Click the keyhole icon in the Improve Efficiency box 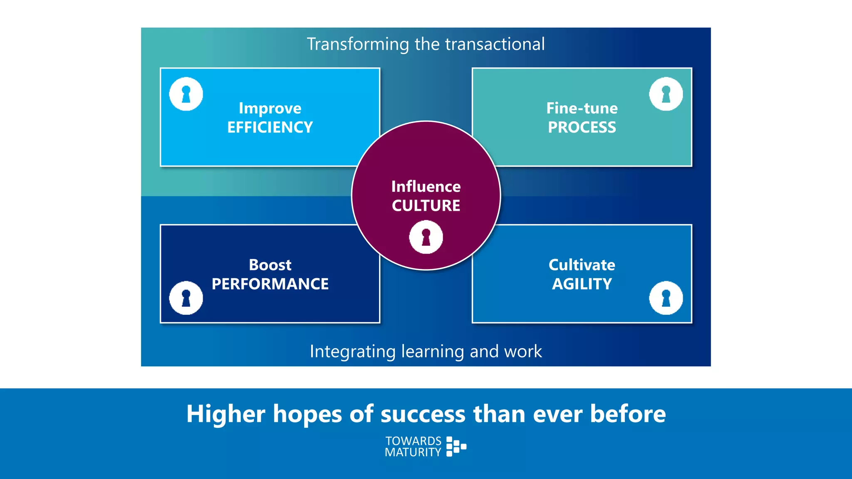pyautogui.click(x=186, y=94)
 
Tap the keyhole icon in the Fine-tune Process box pyautogui.click(x=666, y=94)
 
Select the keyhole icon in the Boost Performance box pyautogui.click(x=186, y=298)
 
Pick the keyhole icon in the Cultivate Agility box pyautogui.click(x=666, y=298)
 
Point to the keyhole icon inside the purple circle pyautogui.click(x=426, y=237)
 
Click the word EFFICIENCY pyautogui.click(x=270, y=127)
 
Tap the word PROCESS pyautogui.click(x=582, y=127)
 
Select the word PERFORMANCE pyautogui.click(x=270, y=284)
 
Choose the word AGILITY pyautogui.click(x=582, y=284)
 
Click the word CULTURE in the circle pyautogui.click(x=426, y=205)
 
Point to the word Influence pyautogui.click(x=426, y=186)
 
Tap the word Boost pyautogui.click(x=270, y=265)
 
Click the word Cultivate pyautogui.click(x=582, y=265)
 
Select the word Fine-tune pyautogui.click(x=582, y=108)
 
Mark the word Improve pyautogui.click(x=270, y=108)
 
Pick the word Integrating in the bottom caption pyautogui.click(x=352, y=351)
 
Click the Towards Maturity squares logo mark pyautogui.click(x=456, y=447)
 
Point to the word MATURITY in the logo pyautogui.click(x=413, y=452)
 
